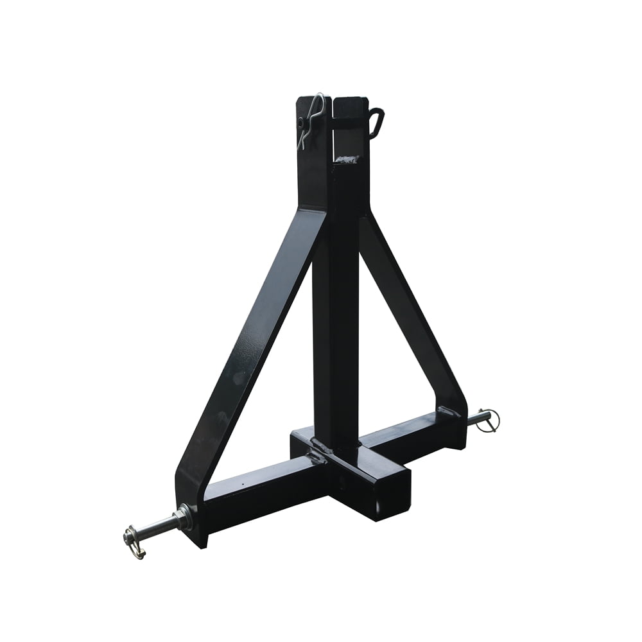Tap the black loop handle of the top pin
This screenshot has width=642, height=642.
tap(377, 122)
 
